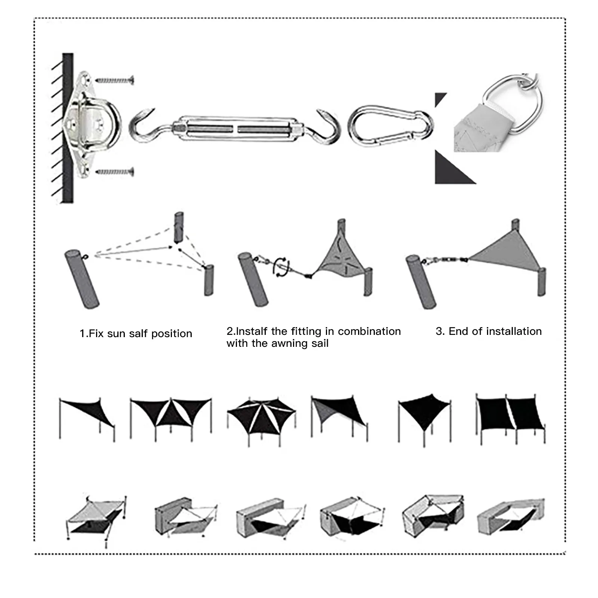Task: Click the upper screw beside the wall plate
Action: tap(114, 80)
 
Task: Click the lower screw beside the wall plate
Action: tap(114, 172)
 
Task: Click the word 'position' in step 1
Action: tap(172, 333)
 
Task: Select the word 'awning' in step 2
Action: tap(290, 343)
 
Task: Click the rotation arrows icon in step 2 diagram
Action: tap(281, 266)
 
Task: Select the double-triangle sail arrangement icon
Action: tap(171, 413)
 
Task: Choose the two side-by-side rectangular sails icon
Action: tap(510, 415)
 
